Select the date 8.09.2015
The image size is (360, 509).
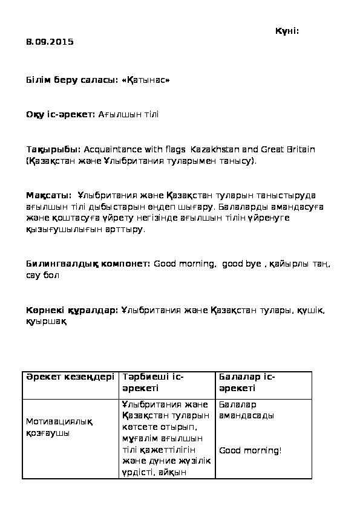50,42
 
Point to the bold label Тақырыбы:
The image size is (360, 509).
53,149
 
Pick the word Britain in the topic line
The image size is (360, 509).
301,149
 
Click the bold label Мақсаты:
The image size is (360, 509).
49,195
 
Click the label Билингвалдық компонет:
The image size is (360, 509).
88,264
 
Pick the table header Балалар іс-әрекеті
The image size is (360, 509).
247,382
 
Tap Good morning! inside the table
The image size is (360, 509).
250,450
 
